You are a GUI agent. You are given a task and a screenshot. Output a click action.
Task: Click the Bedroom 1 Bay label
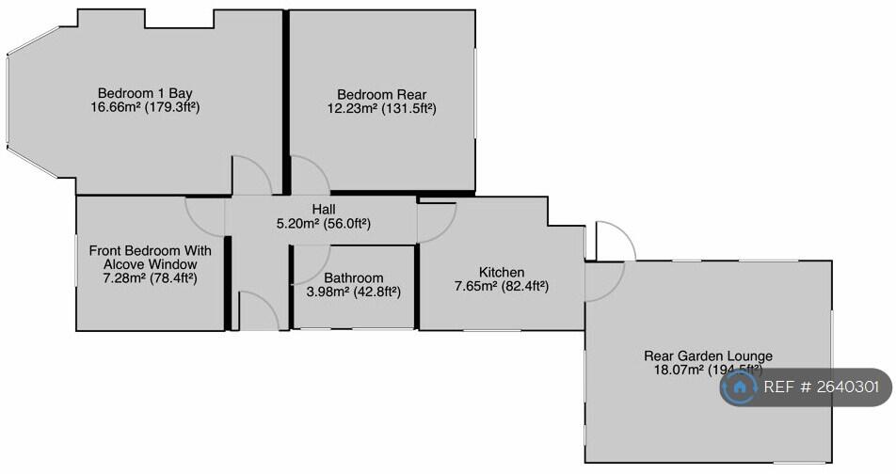tap(145, 92)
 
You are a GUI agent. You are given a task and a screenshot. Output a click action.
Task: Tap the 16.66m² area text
tap(145, 107)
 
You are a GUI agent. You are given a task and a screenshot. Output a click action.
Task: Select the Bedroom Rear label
tap(381, 94)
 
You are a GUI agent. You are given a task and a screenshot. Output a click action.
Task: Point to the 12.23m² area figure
tap(381, 109)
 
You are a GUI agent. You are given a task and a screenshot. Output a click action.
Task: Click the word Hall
tap(324, 209)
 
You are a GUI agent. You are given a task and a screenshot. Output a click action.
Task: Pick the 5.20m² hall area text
tap(324, 224)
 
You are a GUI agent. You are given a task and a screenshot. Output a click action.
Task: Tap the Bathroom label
tap(353, 277)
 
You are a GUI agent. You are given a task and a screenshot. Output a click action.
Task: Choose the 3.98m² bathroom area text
tap(353, 292)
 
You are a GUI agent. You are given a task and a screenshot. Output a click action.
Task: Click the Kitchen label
tap(501, 272)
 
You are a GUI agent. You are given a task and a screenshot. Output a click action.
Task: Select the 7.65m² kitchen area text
tap(501, 287)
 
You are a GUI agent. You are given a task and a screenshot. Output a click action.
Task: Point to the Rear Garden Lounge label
tap(708, 355)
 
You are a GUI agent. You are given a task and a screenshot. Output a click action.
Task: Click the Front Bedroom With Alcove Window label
tap(151, 258)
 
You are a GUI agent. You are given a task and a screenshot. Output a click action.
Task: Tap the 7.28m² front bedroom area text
tap(151, 278)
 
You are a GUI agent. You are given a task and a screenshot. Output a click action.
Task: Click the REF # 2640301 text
tap(822, 387)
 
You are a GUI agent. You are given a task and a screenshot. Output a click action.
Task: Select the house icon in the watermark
tap(741, 387)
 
